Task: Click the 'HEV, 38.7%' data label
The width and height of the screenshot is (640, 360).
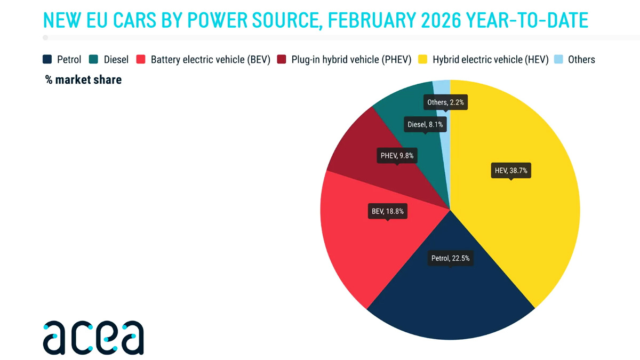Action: click(511, 171)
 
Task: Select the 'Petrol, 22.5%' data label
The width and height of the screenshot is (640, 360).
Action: click(450, 259)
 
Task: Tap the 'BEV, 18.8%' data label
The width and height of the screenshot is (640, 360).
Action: click(388, 211)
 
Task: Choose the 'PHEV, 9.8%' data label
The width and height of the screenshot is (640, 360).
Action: click(397, 156)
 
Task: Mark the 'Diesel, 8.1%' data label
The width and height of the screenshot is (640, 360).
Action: click(425, 125)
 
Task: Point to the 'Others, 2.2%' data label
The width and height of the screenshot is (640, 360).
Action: click(445, 102)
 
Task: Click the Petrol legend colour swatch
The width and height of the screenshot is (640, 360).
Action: click(47, 60)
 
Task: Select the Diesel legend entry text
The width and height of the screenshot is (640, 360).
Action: click(116, 60)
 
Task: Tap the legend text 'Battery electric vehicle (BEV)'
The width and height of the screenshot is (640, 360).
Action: click(211, 60)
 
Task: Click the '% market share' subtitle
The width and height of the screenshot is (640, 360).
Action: click(83, 80)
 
